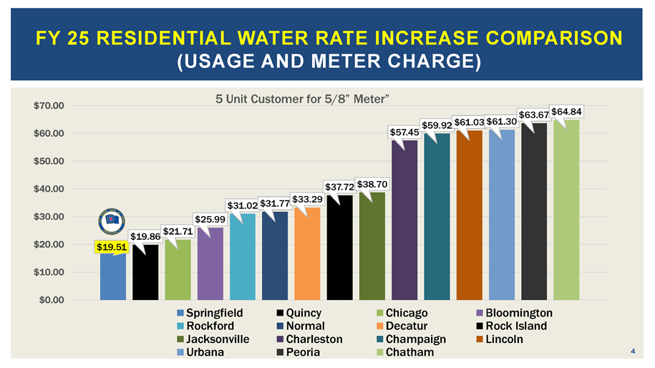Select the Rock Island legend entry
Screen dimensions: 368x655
tap(510, 326)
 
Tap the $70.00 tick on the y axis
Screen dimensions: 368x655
tap(49, 105)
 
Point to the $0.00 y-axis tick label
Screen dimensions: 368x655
tap(52, 299)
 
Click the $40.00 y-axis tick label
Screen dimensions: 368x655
tap(49, 188)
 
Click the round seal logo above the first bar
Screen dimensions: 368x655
tap(113, 222)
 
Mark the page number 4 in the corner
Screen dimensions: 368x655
tap(634, 351)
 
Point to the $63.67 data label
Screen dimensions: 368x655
tap(534, 114)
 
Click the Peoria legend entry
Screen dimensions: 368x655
tap(301, 352)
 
